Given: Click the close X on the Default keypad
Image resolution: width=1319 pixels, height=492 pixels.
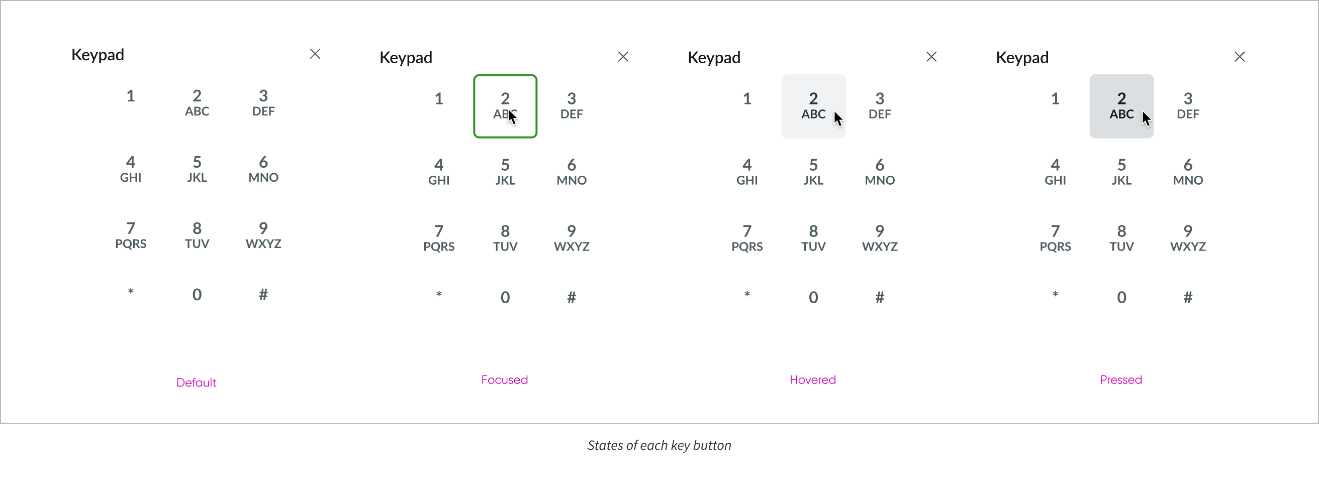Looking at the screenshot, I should click(315, 54).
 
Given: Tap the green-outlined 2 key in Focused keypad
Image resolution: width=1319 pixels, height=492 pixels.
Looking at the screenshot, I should click(505, 106).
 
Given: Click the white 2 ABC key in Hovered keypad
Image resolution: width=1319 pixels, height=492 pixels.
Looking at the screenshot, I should click(813, 106).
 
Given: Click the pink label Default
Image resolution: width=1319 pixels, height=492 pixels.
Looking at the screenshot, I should click(196, 383).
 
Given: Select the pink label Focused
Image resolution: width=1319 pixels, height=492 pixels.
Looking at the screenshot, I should click(504, 380).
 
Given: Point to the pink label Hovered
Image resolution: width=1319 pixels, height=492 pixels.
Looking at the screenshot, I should click(813, 380).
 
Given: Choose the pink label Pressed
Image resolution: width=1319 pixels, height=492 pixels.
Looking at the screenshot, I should click(1121, 380).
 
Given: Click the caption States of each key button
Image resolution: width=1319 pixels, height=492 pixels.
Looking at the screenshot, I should click(659, 445).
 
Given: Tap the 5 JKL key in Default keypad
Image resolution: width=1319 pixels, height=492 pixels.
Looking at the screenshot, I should click(197, 169).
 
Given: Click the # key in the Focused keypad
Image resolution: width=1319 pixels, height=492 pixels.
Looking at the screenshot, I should click(572, 297).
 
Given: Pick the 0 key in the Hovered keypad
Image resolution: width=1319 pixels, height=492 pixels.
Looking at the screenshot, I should click(813, 297).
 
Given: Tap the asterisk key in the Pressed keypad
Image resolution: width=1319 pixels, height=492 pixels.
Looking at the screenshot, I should click(1055, 296).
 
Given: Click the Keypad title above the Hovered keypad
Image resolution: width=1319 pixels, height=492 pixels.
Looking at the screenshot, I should click(714, 57).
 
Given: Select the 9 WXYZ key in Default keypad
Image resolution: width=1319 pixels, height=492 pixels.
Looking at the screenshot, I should click(263, 235).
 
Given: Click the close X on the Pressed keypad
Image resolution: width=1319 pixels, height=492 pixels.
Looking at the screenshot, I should click(1240, 56).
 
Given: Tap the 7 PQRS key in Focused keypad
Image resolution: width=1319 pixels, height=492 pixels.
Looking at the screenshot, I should click(439, 238).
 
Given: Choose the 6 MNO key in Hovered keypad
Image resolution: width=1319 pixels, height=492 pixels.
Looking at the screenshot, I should click(880, 172).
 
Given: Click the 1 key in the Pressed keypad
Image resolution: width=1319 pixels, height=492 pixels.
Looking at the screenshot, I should click(1055, 99).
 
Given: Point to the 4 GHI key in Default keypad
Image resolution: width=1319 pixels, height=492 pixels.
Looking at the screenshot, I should click(131, 169).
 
